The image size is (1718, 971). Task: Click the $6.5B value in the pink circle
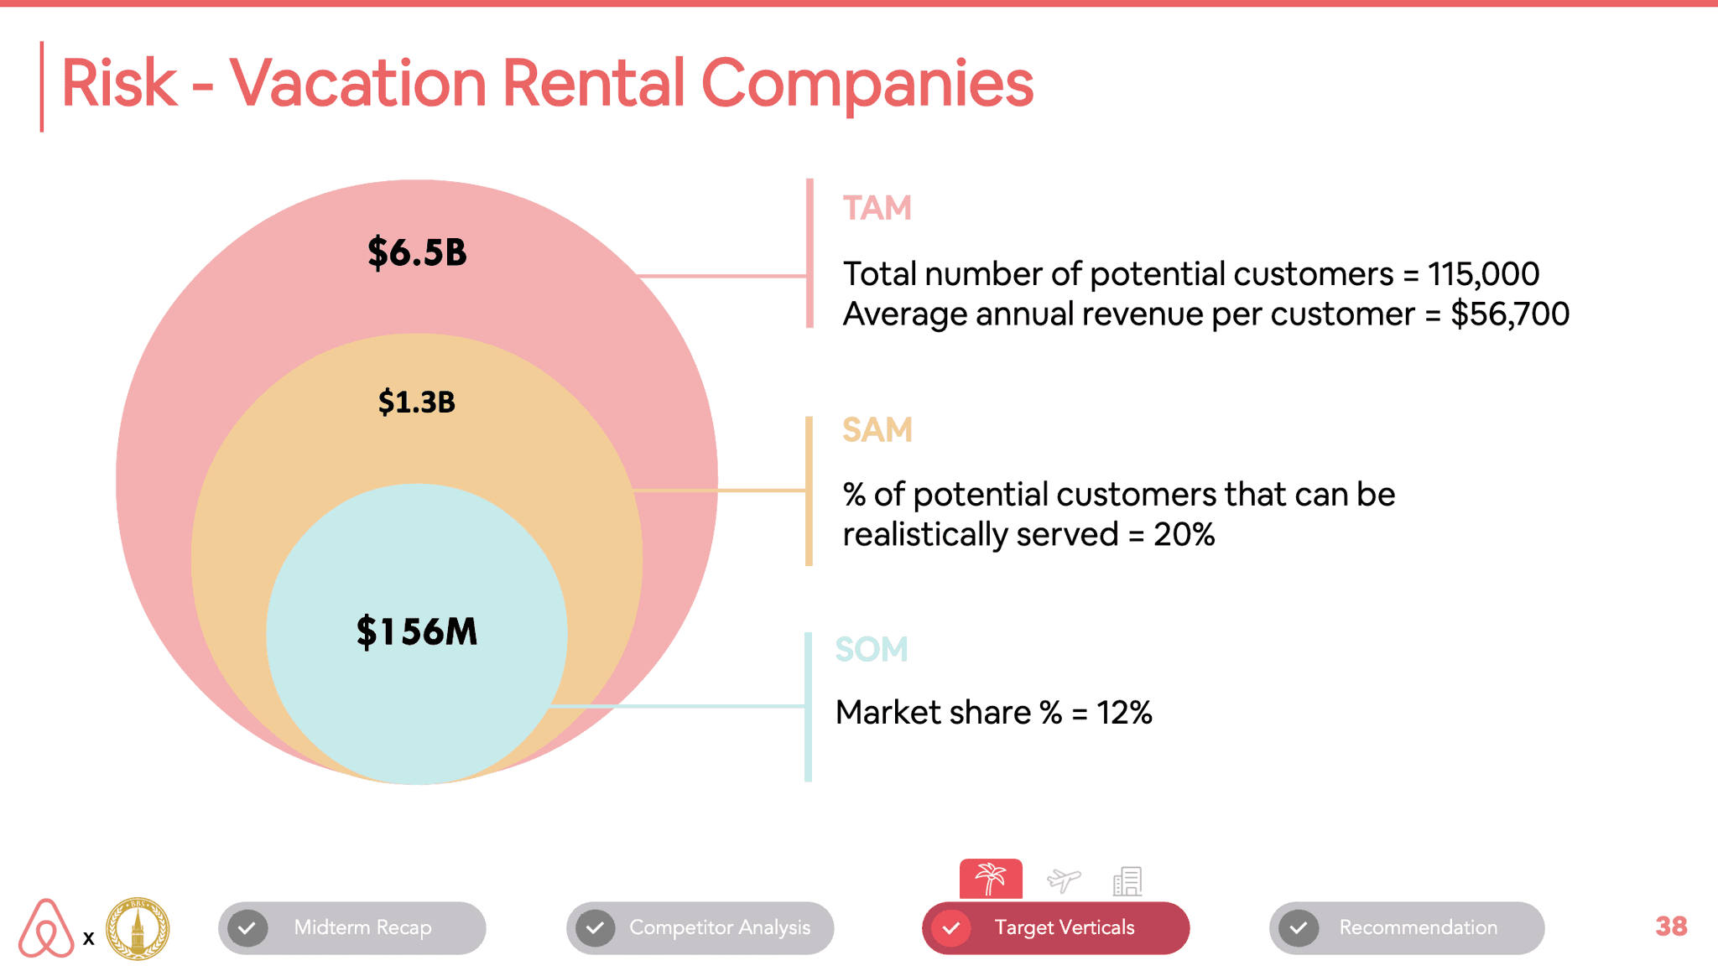coord(417,252)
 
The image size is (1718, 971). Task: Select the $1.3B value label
coord(417,402)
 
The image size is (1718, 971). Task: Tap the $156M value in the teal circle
coord(417,632)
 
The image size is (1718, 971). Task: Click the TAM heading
coord(877,208)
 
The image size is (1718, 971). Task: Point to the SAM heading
coord(877,430)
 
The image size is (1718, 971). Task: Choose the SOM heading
coord(872,650)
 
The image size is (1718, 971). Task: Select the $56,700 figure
coord(1510,314)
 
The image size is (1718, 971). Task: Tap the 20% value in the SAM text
coord(1184,535)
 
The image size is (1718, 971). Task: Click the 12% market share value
coord(1124,713)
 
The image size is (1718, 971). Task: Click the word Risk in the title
coord(119,83)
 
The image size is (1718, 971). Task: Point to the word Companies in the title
coord(867,83)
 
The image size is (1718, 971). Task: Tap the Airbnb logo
coord(46,928)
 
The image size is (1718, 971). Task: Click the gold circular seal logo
coord(138,928)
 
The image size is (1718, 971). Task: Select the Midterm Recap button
coord(352,927)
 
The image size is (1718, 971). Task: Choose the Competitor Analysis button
coord(700,927)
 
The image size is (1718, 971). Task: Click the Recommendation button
coord(1407,927)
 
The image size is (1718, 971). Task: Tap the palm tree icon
coord(991,879)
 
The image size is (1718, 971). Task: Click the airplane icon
coord(1064,880)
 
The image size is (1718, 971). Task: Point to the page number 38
coord(1671,927)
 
